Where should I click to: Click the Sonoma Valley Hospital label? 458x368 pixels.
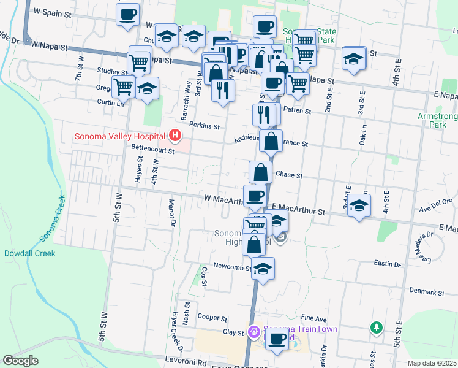tap(121, 136)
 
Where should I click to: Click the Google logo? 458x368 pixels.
tap(20, 361)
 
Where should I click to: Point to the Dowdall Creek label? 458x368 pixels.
tap(29, 253)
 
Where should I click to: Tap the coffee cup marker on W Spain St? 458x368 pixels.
tap(127, 15)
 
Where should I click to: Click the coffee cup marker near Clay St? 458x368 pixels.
tap(276, 339)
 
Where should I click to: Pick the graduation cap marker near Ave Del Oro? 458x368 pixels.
tap(359, 205)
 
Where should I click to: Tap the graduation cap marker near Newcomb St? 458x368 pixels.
tap(263, 269)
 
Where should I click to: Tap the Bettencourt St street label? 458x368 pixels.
tap(152, 149)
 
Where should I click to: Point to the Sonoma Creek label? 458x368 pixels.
tap(52, 218)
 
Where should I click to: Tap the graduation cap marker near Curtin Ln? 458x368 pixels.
tap(147, 89)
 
